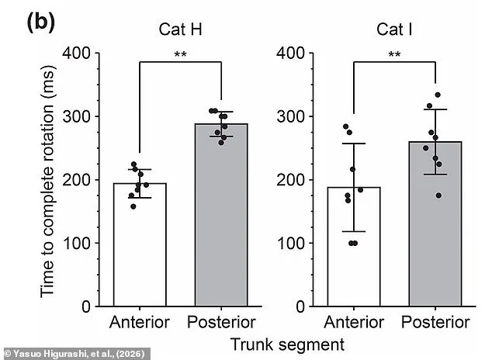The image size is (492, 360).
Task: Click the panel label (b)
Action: (x=40, y=22)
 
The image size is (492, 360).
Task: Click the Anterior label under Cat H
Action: (x=140, y=322)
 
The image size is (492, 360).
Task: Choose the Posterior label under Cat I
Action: (x=435, y=322)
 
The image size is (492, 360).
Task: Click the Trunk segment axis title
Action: (x=288, y=342)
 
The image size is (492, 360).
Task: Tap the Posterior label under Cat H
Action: (x=221, y=322)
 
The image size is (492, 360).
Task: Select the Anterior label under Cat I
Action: (x=354, y=322)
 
